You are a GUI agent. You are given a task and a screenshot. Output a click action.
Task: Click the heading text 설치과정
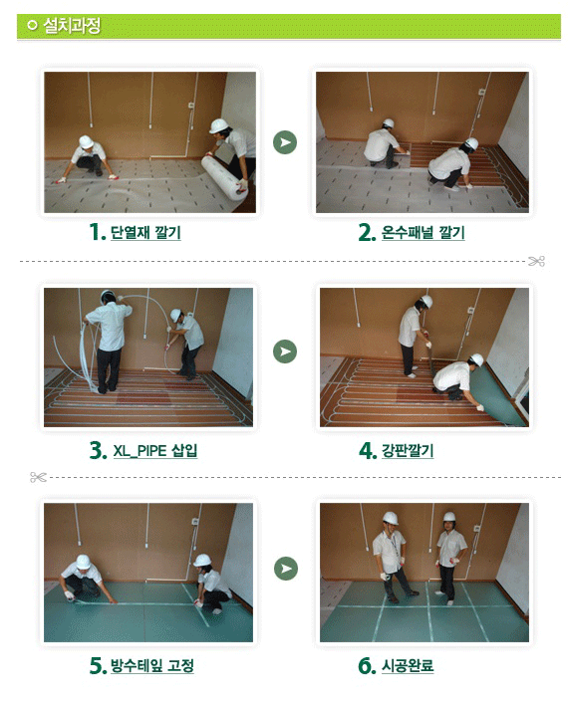coord(72,26)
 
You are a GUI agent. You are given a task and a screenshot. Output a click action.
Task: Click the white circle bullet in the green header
coord(32,25)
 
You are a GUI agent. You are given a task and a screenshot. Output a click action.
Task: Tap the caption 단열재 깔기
coord(145,232)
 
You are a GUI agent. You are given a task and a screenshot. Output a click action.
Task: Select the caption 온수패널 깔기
coord(423,232)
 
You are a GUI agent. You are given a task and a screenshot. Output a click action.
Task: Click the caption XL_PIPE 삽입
coord(154,450)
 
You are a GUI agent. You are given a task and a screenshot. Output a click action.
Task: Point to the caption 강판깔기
coord(408,450)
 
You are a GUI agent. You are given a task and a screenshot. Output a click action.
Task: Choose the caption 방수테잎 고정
coord(152,665)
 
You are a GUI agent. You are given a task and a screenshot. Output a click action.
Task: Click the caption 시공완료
coord(408,665)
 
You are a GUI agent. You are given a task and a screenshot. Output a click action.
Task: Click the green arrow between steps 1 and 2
coord(285,142)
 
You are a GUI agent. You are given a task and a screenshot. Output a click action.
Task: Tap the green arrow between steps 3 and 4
coord(285,352)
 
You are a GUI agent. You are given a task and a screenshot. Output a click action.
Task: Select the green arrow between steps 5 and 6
coord(286,569)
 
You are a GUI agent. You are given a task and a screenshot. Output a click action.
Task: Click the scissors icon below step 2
coord(536,261)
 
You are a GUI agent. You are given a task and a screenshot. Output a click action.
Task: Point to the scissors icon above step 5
coord(38,477)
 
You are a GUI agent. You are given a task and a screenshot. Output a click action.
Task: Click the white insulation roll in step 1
coord(224,177)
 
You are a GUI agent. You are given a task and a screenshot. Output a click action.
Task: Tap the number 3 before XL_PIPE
coord(98,450)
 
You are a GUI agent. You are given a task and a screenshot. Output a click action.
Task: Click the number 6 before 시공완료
coord(367,665)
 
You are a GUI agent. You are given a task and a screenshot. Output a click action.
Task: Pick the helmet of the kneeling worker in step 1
coord(86,141)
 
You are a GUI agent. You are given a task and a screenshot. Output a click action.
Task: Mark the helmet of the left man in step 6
coord(391,518)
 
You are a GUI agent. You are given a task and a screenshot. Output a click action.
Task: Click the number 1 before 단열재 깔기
coord(97,232)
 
